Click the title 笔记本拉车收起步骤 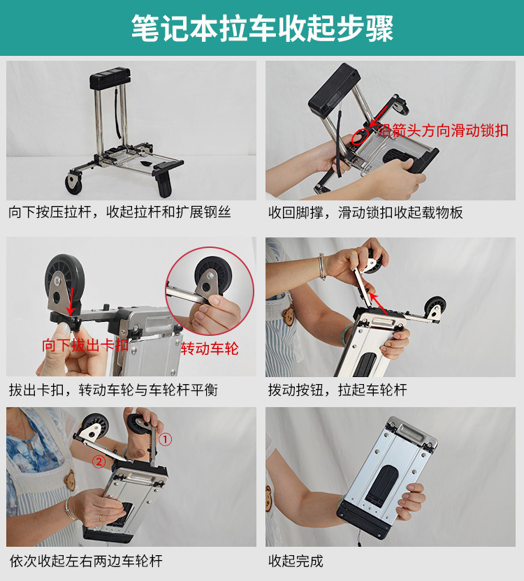(x=262, y=28)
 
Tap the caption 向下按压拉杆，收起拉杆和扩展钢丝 (x=119, y=212)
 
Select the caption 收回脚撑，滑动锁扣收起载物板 (x=365, y=212)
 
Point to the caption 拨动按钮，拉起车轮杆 (x=337, y=390)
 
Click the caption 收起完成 (x=296, y=561)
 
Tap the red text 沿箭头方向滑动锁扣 (x=443, y=130)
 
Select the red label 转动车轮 (x=210, y=347)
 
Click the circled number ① (x=166, y=439)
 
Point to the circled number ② (x=99, y=461)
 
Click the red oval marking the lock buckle (x=360, y=134)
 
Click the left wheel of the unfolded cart (x=73, y=184)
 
